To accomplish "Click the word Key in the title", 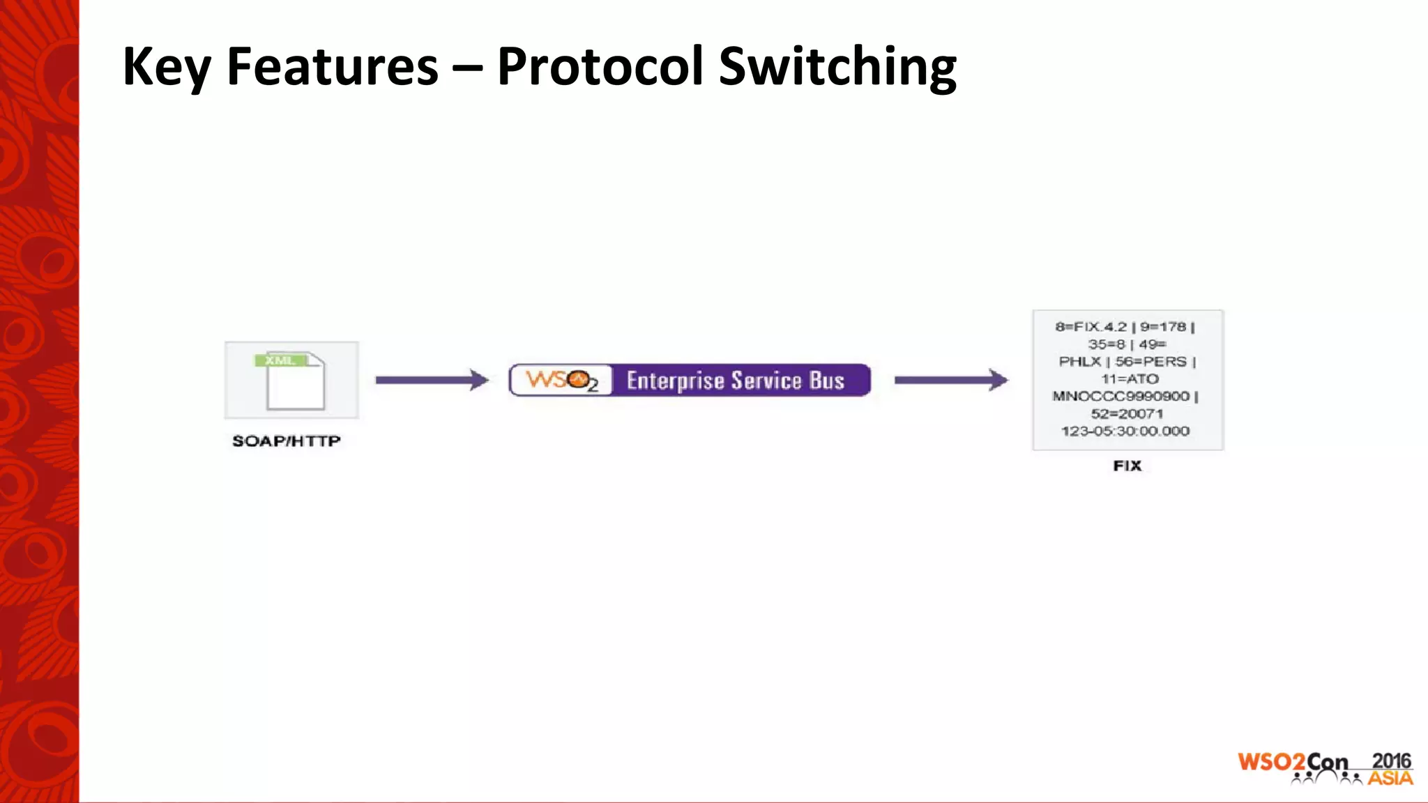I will pos(166,67).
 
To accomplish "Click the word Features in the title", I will pos(332,67).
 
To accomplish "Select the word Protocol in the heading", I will pos(600,67).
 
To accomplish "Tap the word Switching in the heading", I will pos(837,67).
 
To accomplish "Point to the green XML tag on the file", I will pos(280,360).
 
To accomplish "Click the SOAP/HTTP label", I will pos(286,441).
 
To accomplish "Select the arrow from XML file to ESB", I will pos(432,380).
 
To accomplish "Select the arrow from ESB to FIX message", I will pos(951,380).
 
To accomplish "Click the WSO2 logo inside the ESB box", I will pos(562,381).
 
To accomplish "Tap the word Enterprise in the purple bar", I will pos(675,381).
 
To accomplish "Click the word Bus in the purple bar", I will pos(827,381).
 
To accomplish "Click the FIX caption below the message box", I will pos(1127,466).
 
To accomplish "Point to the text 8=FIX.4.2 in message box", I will pos(1091,327).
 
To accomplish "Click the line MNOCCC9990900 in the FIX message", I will pos(1121,396).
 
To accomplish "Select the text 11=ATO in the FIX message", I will pos(1130,378).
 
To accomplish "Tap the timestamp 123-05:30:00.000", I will pos(1125,431).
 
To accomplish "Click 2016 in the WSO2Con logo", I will pos(1390,761).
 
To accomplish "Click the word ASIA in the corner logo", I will pos(1390,779).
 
